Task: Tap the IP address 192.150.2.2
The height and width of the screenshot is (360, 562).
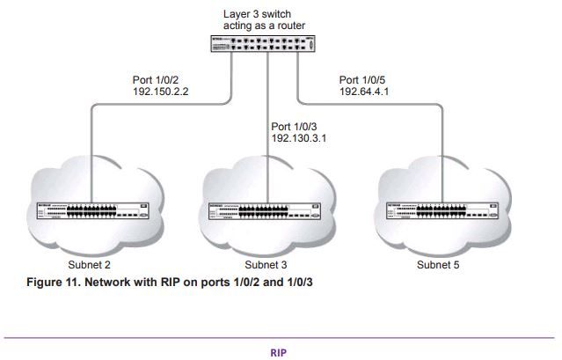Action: [159, 92]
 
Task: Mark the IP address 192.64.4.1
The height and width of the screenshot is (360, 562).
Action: [366, 92]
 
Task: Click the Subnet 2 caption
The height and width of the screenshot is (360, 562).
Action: [91, 263]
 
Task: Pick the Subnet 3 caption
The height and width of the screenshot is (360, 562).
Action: [265, 263]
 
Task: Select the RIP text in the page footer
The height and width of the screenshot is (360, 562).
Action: [281, 350]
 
